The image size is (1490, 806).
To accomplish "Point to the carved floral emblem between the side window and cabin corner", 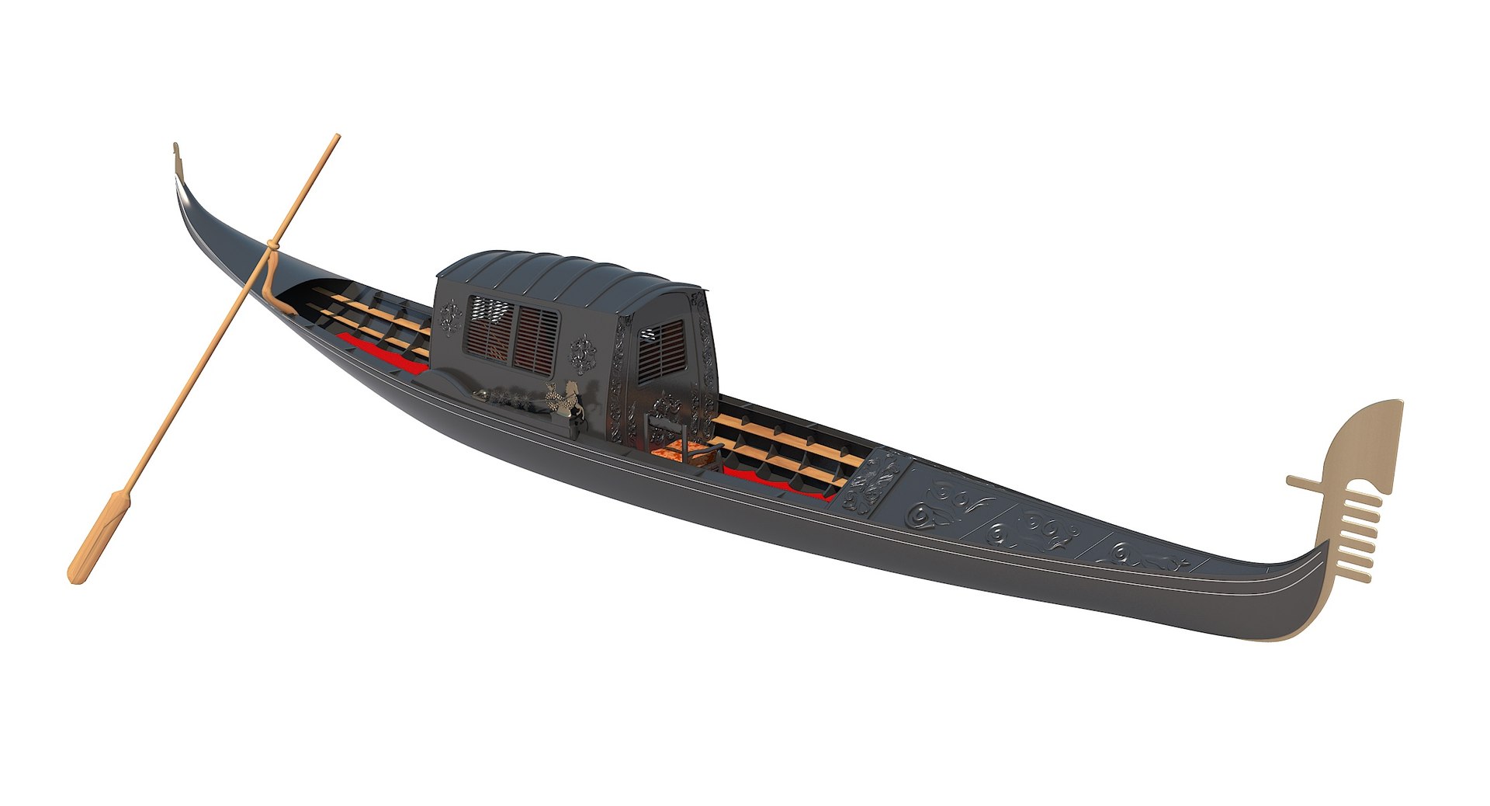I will coord(581,354).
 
